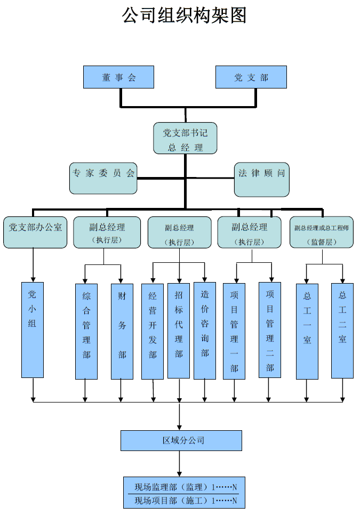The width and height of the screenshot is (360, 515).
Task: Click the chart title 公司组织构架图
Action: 185,15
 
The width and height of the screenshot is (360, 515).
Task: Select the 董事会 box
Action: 118,77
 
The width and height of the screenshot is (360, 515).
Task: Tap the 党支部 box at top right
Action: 251,77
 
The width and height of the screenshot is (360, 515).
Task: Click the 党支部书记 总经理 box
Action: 185,139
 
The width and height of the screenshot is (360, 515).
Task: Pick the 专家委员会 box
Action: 103,178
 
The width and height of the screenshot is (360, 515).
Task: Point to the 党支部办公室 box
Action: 35,232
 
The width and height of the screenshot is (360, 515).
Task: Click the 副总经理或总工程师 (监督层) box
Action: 321,232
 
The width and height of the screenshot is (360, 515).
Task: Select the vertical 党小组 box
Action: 33,329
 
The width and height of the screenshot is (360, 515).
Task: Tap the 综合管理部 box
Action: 86,331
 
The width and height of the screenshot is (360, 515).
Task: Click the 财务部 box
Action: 122,331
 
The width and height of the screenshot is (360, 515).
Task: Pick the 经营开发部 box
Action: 153,331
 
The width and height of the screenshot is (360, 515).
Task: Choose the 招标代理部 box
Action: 179,331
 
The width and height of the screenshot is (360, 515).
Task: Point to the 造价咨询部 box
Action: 205,331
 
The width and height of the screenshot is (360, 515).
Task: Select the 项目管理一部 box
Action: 234,331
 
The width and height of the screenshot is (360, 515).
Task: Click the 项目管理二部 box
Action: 270,330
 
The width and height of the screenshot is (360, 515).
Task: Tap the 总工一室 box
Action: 307,331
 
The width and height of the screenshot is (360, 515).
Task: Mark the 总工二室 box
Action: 342,331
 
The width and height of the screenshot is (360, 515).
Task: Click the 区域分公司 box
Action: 181,441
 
